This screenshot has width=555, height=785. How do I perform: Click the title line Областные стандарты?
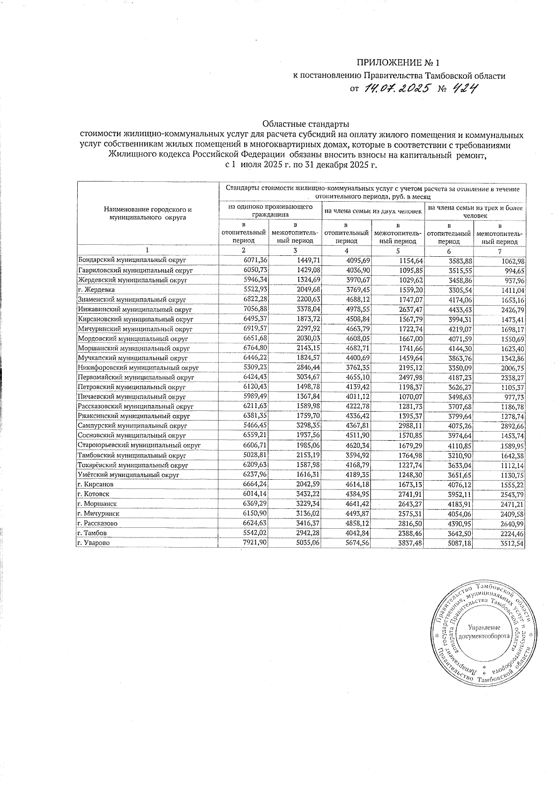(x=306, y=124)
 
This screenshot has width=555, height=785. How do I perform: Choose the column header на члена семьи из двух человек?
(x=373, y=211)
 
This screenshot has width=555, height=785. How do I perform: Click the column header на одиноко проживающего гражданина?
(x=270, y=210)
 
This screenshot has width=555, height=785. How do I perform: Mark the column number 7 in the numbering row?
(x=499, y=251)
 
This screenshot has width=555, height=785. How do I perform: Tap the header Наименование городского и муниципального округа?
(x=148, y=213)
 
